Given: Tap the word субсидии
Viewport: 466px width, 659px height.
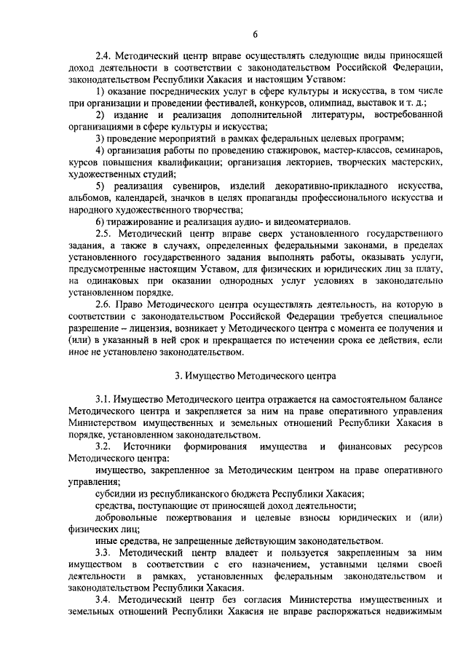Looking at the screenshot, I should click(114, 493).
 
